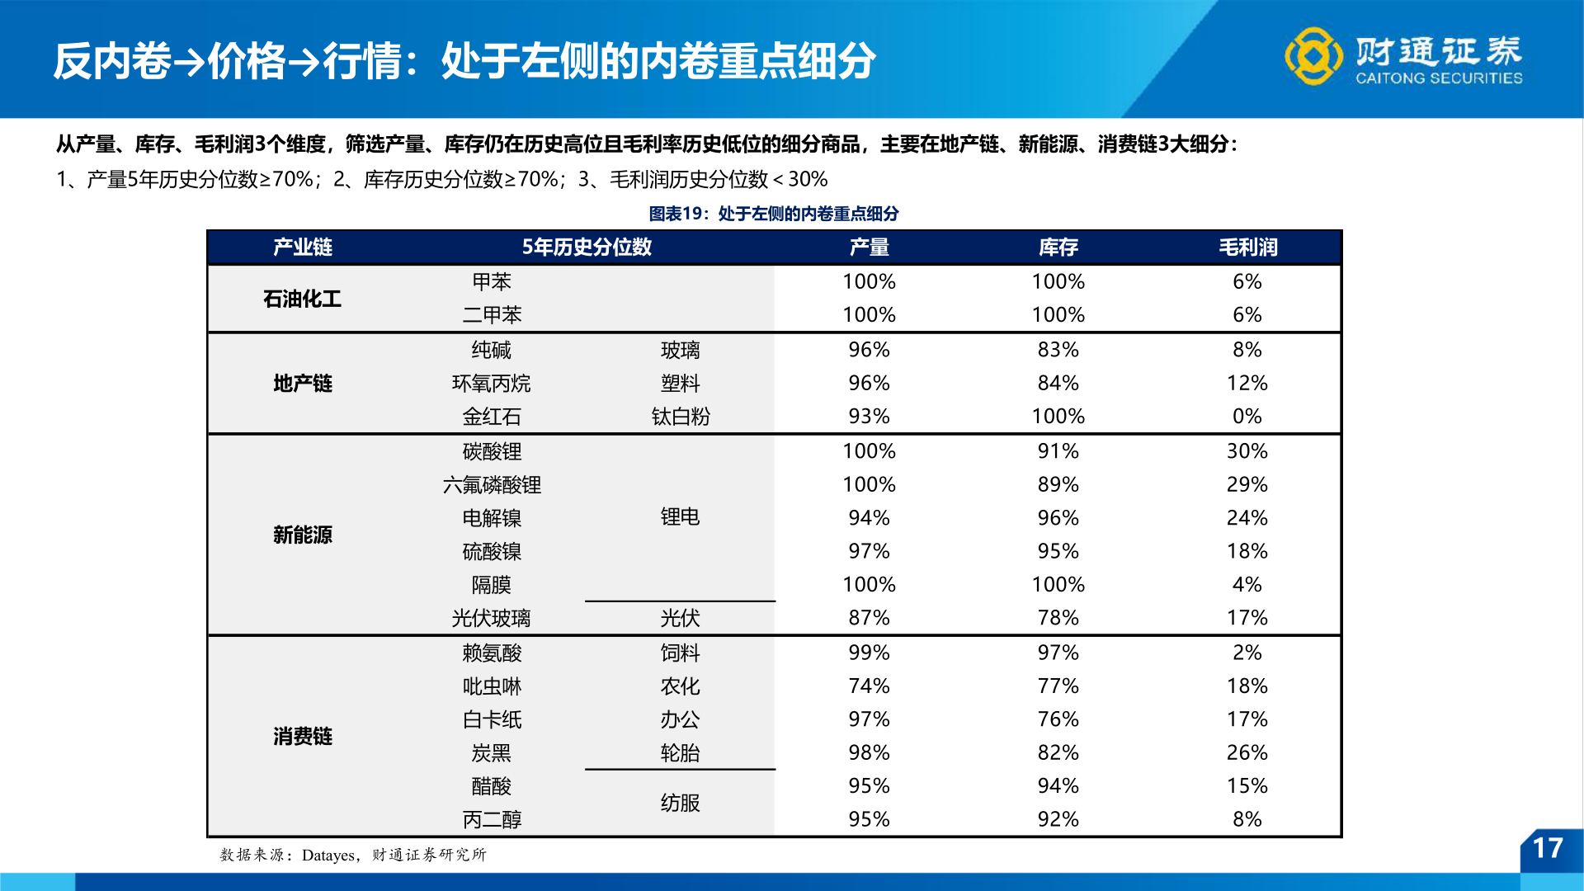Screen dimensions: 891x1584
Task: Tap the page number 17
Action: (x=1547, y=848)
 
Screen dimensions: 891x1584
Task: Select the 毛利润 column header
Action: (x=1247, y=247)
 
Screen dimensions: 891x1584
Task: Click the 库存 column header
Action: (x=1058, y=247)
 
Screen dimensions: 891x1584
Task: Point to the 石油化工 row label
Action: (x=302, y=299)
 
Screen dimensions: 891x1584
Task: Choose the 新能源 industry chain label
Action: (x=302, y=535)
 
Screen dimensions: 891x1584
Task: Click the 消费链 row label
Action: (x=302, y=736)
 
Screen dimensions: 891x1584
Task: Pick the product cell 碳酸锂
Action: (x=492, y=452)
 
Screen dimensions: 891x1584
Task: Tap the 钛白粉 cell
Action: (x=680, y=417)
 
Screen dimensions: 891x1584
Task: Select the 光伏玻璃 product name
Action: (x=491, y=618)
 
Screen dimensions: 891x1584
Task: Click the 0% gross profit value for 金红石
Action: (x=1247, y=417)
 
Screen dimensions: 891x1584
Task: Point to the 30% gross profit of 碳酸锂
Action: (x=1247, y=451)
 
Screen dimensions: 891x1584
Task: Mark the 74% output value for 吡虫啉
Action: (x=869, y=686)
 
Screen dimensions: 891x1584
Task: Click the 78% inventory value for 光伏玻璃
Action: (x=1058, y=618)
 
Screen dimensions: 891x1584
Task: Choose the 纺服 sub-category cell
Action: (x=680, y=803)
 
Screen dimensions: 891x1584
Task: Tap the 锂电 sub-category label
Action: (x=680, y=517)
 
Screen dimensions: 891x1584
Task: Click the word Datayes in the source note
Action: (x=328, y=856)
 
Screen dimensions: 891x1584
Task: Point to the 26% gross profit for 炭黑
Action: (x=1247, y=752)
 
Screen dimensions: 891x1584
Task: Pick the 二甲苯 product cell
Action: (x=492, y=315)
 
